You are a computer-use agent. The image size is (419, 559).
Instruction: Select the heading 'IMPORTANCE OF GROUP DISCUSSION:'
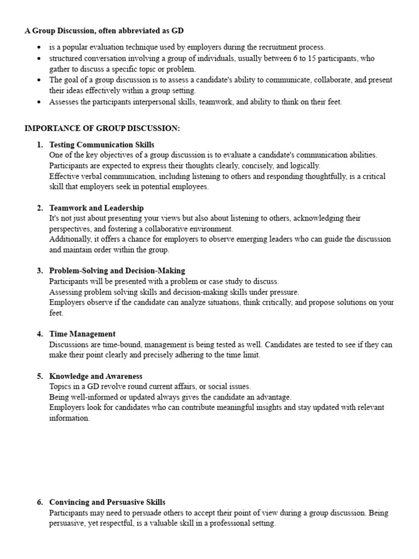coord(102,128)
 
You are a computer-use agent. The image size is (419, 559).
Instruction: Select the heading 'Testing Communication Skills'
coord(101,145)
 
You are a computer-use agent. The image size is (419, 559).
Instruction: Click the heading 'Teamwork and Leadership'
coord(96,208)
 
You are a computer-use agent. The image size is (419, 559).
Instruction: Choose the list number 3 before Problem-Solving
coord(40,271)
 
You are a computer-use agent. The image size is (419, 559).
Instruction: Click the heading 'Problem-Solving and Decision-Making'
coord(117,271)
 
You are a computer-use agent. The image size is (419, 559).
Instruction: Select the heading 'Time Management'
coord(82,334)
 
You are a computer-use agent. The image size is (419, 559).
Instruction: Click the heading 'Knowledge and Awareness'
coord(95,376)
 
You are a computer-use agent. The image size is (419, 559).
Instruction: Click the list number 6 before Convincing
coord(40,502)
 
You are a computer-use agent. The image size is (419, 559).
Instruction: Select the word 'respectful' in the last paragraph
coord(124,523)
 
